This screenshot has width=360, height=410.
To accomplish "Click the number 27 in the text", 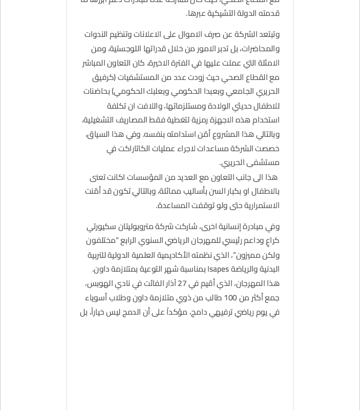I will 182,283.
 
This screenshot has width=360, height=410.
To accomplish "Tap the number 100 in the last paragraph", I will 230,298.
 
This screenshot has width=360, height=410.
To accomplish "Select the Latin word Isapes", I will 219,269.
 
